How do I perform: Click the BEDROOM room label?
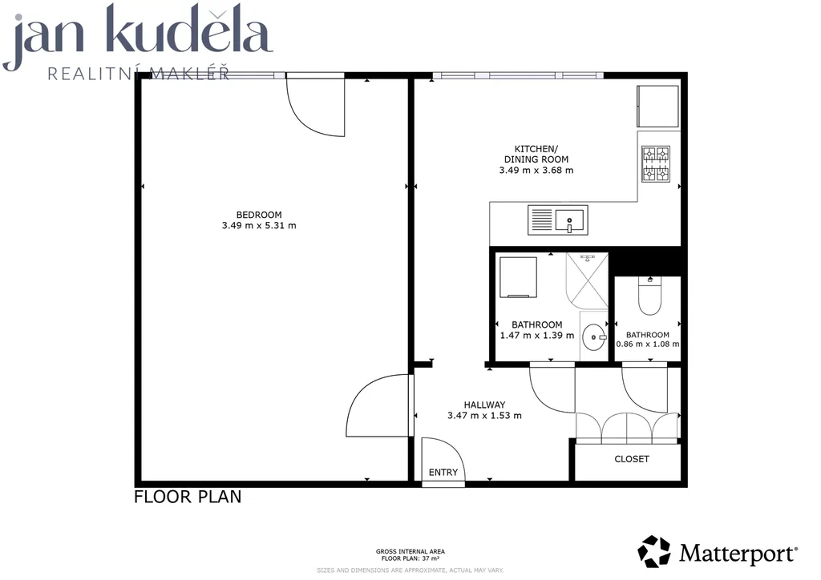(259, 215)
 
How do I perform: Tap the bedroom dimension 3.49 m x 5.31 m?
(259, 225)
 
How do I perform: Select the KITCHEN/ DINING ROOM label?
(536, 154)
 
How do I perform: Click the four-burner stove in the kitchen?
(656, 164)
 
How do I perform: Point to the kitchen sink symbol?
(558, 220)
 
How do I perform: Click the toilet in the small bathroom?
(649, 296)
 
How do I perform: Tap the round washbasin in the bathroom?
(594, 337)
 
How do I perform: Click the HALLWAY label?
(484, 405)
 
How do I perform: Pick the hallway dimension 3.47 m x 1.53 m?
(484, 416)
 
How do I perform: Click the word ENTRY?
(443, 473)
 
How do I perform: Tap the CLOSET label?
(632, 459)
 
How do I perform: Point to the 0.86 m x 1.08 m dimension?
(648, 344)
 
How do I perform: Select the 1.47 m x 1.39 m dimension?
(536, 335)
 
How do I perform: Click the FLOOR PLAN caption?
(188, 497)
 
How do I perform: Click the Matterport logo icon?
(654, 551)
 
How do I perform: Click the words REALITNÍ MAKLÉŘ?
(138, 73)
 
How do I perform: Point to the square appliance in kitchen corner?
(657, 107)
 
